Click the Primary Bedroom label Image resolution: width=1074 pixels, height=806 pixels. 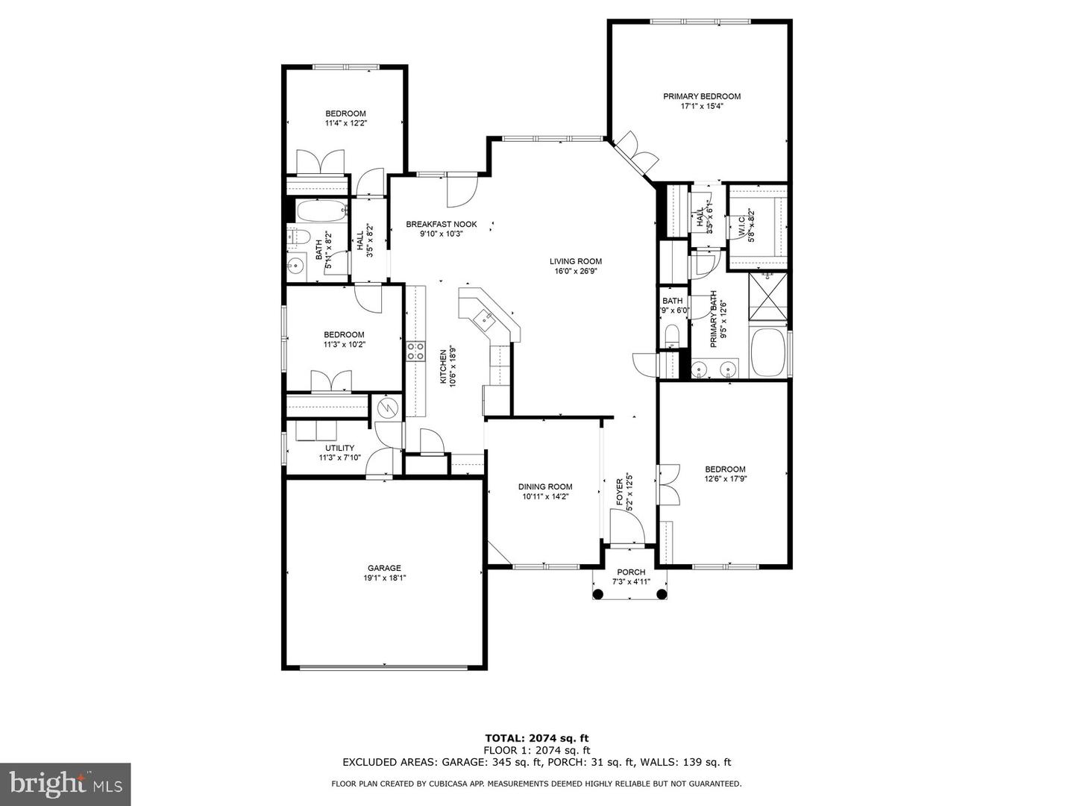(x=702, y=96)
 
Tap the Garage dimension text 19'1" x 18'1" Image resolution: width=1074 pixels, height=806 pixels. (x=384, y=578)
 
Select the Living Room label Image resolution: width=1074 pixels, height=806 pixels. (x=576, y=261)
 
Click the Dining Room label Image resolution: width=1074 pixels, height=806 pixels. (x=545, y=487)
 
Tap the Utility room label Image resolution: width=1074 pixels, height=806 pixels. (x=339, y=448)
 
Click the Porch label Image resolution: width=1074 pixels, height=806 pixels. (x=631, y=572)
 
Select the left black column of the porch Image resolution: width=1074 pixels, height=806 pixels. (x=598, y=594)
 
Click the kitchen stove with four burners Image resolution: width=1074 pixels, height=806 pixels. (x=415, y=352)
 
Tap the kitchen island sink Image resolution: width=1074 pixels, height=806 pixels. (x=486, y=320)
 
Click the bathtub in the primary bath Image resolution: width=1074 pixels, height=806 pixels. (x=767, y=354)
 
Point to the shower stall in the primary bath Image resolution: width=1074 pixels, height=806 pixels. (x=767, y=297)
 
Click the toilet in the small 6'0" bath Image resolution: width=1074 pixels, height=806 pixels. (x=672, y=334)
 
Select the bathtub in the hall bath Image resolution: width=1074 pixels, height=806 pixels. (x=321, y=211)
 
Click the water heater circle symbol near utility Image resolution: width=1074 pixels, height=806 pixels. (x=387, y=407)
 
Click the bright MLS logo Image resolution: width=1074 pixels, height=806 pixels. (x=66, y=784)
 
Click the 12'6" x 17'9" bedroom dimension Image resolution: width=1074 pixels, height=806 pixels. (x=725, y=479)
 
